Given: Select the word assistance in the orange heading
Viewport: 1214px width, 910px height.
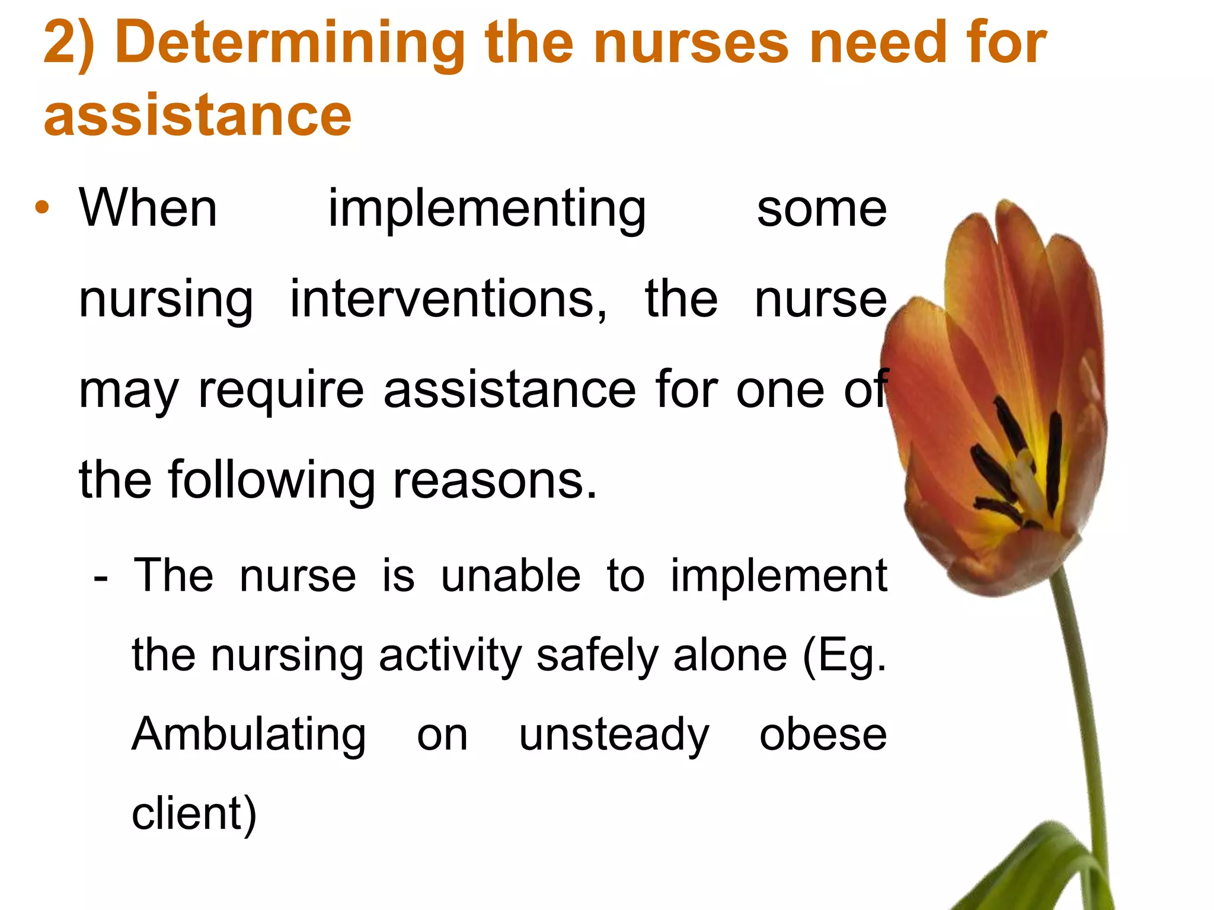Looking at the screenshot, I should [x=197, y=114].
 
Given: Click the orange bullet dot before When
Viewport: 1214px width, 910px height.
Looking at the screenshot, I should [x=41, y=208].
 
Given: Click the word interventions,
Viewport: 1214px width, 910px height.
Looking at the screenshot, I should [x=448, y=299].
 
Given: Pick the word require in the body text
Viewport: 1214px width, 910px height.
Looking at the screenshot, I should [x=281, y=391].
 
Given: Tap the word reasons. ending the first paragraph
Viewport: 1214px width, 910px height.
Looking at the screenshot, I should [x=495, y=480].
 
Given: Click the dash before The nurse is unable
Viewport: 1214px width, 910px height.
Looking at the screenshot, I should [x=101, y=576].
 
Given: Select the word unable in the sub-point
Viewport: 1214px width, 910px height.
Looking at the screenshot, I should [x=510, y=576].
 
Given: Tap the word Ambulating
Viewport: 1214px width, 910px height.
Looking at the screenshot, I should [x=248, y=735].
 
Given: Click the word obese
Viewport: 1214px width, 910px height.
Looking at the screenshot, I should [x=823, y=735].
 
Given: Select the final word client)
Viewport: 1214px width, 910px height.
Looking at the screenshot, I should [x=194, y=814].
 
